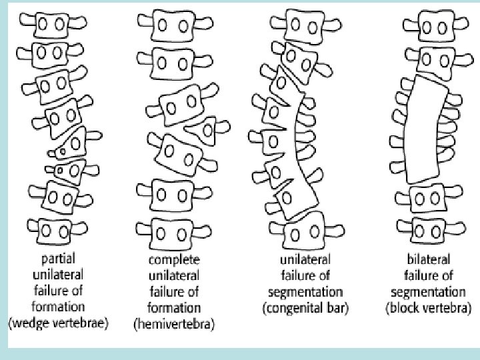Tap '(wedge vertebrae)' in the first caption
(58, 323)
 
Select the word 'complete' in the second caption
(175, 259)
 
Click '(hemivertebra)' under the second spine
(175, 324)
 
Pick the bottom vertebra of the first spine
(55, 231)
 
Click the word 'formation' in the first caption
(58, 307)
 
